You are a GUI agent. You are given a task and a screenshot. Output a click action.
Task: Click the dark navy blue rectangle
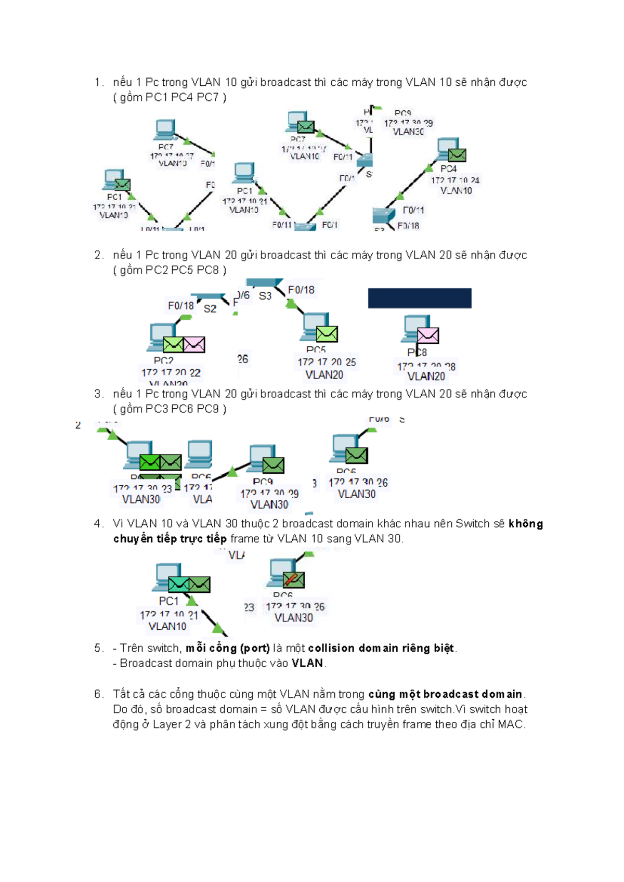pyautogui.click(x=420, y=298)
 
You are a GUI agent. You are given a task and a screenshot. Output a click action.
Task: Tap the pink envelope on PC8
pyautogui.click(x=428, y=335)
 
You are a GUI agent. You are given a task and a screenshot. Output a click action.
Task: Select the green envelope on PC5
pyautogui.click(x=327, y=334)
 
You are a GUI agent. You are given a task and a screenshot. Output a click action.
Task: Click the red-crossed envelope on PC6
pyautogui.click(x=293, y=579)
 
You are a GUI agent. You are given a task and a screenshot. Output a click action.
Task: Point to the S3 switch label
pyautogui.click(x=265, y=296)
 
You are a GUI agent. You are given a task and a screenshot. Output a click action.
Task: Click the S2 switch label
pyautogui.click(x=210, y=308)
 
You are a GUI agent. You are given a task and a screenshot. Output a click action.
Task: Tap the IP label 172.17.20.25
pyautogui.click(x=327, y=362)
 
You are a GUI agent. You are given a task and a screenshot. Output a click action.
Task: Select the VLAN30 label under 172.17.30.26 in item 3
pyautogui.click(x=357, y=494)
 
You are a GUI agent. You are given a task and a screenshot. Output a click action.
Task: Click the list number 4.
pyautogui.click(x=98, y=524)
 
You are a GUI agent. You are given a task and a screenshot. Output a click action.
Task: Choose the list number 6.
pyautogui.click(x=98, y=694)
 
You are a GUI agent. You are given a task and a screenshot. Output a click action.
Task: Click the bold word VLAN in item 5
pyautogui.click(x=307, y=663)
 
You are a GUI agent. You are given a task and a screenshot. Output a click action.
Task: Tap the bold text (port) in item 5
pyautogui.click(x=255, y=648)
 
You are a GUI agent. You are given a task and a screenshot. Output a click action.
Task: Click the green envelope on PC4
pyautogui.click(x=457, y=155)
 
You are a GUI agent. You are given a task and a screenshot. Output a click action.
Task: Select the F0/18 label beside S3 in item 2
pyautogui.click(x=301, y=290)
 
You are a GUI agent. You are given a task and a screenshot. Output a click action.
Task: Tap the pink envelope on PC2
pyautogui.click(x=194, y=344)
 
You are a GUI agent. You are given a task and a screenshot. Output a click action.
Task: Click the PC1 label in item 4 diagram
pyautogui.click(x=168, y=601)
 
